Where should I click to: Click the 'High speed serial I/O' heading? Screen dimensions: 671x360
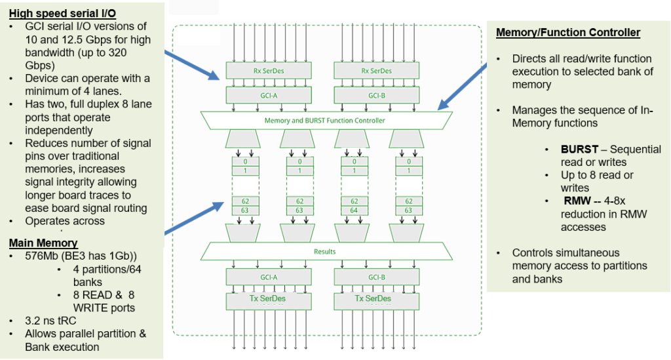(62, 13)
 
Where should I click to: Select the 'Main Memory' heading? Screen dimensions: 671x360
(43, 243)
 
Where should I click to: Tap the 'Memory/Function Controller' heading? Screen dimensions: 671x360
(568, 33)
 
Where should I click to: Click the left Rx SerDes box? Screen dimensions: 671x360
(269, 71)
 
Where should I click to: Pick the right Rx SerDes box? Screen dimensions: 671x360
(377, 71)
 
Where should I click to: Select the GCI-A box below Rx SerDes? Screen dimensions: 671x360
(269, 96)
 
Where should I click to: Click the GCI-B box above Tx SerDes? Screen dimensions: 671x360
(377, 277)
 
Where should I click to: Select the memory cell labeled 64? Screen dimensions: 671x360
(354, 210)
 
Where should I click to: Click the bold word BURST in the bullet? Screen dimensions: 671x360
(579, 150)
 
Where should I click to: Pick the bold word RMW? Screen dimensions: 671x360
(577, 201)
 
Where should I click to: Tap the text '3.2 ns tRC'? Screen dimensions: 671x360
(50, 321)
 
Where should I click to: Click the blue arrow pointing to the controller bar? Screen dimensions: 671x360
(462, 87)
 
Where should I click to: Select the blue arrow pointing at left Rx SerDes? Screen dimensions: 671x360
(192, 65)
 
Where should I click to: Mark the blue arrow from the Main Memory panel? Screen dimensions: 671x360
(194, 218)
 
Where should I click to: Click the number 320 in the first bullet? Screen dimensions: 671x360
(118, 52)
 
